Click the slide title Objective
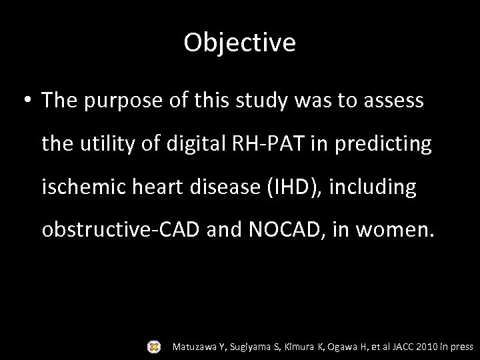coord(240,43)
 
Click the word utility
coord(103,143)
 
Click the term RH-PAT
coord(265,143)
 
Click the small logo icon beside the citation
coord(155,346)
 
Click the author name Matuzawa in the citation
coord(195,347)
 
